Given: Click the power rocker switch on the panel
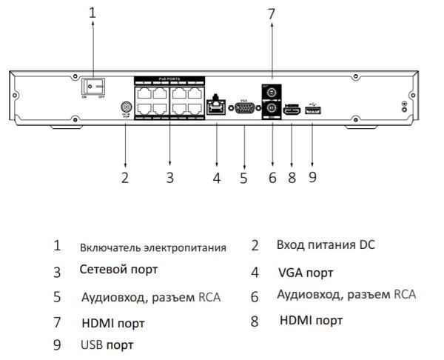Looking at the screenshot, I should coord(92,87).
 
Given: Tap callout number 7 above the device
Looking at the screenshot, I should coord(272,13).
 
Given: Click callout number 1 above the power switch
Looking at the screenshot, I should coord(92,12).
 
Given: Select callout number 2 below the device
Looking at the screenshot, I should coord(125,177).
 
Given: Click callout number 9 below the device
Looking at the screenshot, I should coord(312,177).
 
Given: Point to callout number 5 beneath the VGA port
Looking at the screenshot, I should coord(243,177).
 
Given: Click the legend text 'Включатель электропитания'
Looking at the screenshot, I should coord(152,247).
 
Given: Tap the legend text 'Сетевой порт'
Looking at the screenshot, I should coord(118,270).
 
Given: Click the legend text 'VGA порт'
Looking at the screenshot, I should coord(306,273).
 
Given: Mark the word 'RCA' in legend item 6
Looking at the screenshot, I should coord(404,295).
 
